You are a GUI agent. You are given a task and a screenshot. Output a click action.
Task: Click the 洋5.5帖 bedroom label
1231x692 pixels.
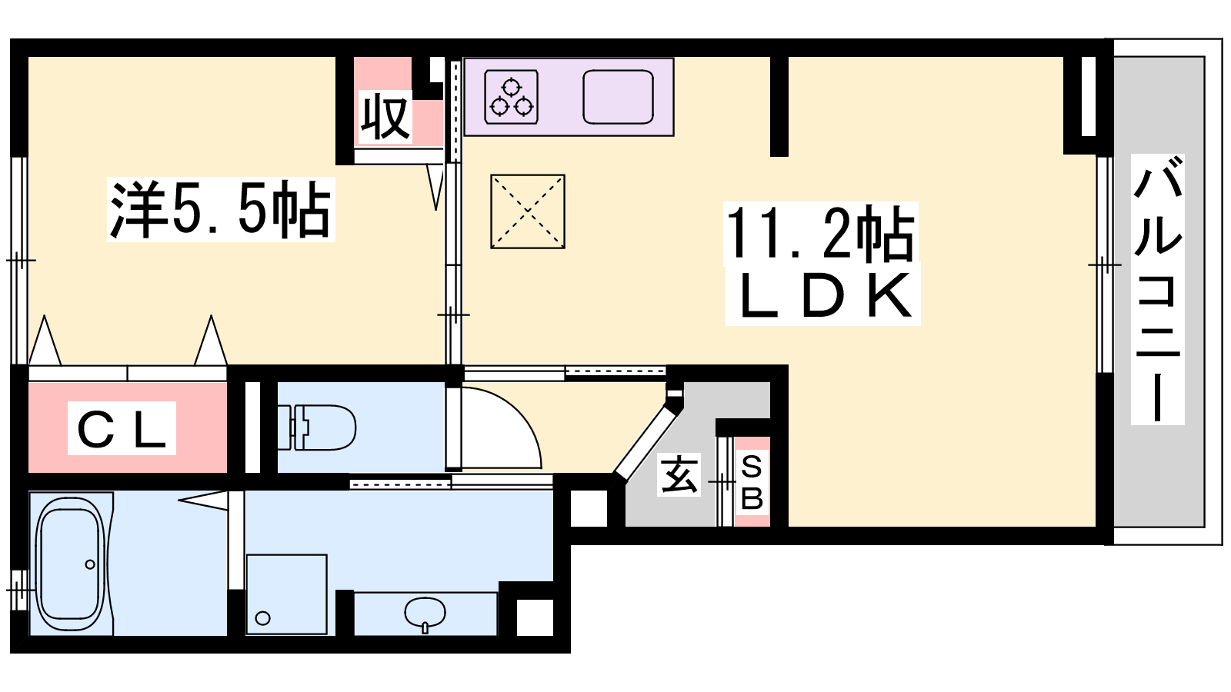coord(221,209)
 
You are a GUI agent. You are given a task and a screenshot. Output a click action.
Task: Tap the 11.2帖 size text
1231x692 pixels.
coord(821,235)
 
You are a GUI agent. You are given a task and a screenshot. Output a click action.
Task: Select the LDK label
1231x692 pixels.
coord(822,296)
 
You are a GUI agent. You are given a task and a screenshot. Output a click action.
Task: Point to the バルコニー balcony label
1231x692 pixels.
coord(1157,289)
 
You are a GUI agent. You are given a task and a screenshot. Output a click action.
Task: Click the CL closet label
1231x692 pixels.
coord(122,428)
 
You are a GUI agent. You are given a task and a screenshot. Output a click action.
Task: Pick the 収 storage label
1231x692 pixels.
coord(385,116)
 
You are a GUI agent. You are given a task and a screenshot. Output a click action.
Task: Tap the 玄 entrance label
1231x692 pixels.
coord(679,474)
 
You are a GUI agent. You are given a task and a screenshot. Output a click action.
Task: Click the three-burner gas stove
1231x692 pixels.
coord(511,97)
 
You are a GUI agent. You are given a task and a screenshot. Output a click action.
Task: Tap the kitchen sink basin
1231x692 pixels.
coord(618,97)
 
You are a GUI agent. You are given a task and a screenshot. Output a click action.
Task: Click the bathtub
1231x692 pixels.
coord(70,564)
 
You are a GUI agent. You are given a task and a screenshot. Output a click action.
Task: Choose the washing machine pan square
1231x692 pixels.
coord(286,594)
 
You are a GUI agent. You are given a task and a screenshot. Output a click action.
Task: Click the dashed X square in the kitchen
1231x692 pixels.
coord(528,211)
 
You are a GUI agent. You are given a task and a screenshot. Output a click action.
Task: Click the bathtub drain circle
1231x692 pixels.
coord(89,564)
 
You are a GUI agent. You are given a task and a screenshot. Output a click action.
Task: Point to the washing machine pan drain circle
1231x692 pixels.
coord(262,618)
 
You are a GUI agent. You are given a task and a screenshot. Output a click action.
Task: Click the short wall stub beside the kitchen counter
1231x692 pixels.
coord(779,105)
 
